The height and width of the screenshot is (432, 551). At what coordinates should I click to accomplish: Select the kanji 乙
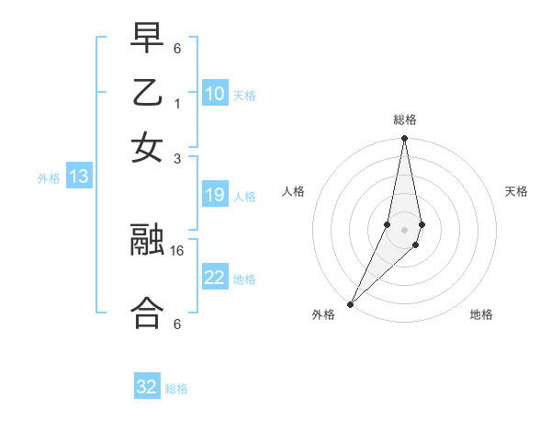tap(147, 94)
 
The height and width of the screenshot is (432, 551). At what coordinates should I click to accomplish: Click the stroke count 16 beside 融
tap(177, 249)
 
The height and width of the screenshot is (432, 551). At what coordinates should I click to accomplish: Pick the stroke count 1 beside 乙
tap(177, 104)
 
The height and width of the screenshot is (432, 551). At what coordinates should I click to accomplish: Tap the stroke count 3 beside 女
tap(177, 157)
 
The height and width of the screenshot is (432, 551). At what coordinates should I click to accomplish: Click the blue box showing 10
tap(215, 94)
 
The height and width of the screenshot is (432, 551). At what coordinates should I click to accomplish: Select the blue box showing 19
tap(215, 195)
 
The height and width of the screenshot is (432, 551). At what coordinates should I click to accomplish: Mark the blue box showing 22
tap(215, 278)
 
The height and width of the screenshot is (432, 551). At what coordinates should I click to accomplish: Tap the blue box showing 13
tap(78, 177)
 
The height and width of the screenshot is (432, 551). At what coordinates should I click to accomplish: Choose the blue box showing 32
tap(147, 387)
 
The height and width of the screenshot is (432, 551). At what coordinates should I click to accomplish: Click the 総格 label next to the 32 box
tap(176, 389)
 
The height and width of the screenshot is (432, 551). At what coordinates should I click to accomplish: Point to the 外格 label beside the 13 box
tap(48, 178)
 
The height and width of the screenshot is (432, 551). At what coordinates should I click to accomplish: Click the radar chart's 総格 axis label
tap(404, 120)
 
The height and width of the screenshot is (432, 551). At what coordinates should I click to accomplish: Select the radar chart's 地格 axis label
tap(481, 315)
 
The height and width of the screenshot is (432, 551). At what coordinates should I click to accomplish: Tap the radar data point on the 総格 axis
tap(404, 140)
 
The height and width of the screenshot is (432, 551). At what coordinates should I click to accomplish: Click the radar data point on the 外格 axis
tap(351, 304)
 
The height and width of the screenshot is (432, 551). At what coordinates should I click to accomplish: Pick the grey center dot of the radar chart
tap(404, 230)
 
